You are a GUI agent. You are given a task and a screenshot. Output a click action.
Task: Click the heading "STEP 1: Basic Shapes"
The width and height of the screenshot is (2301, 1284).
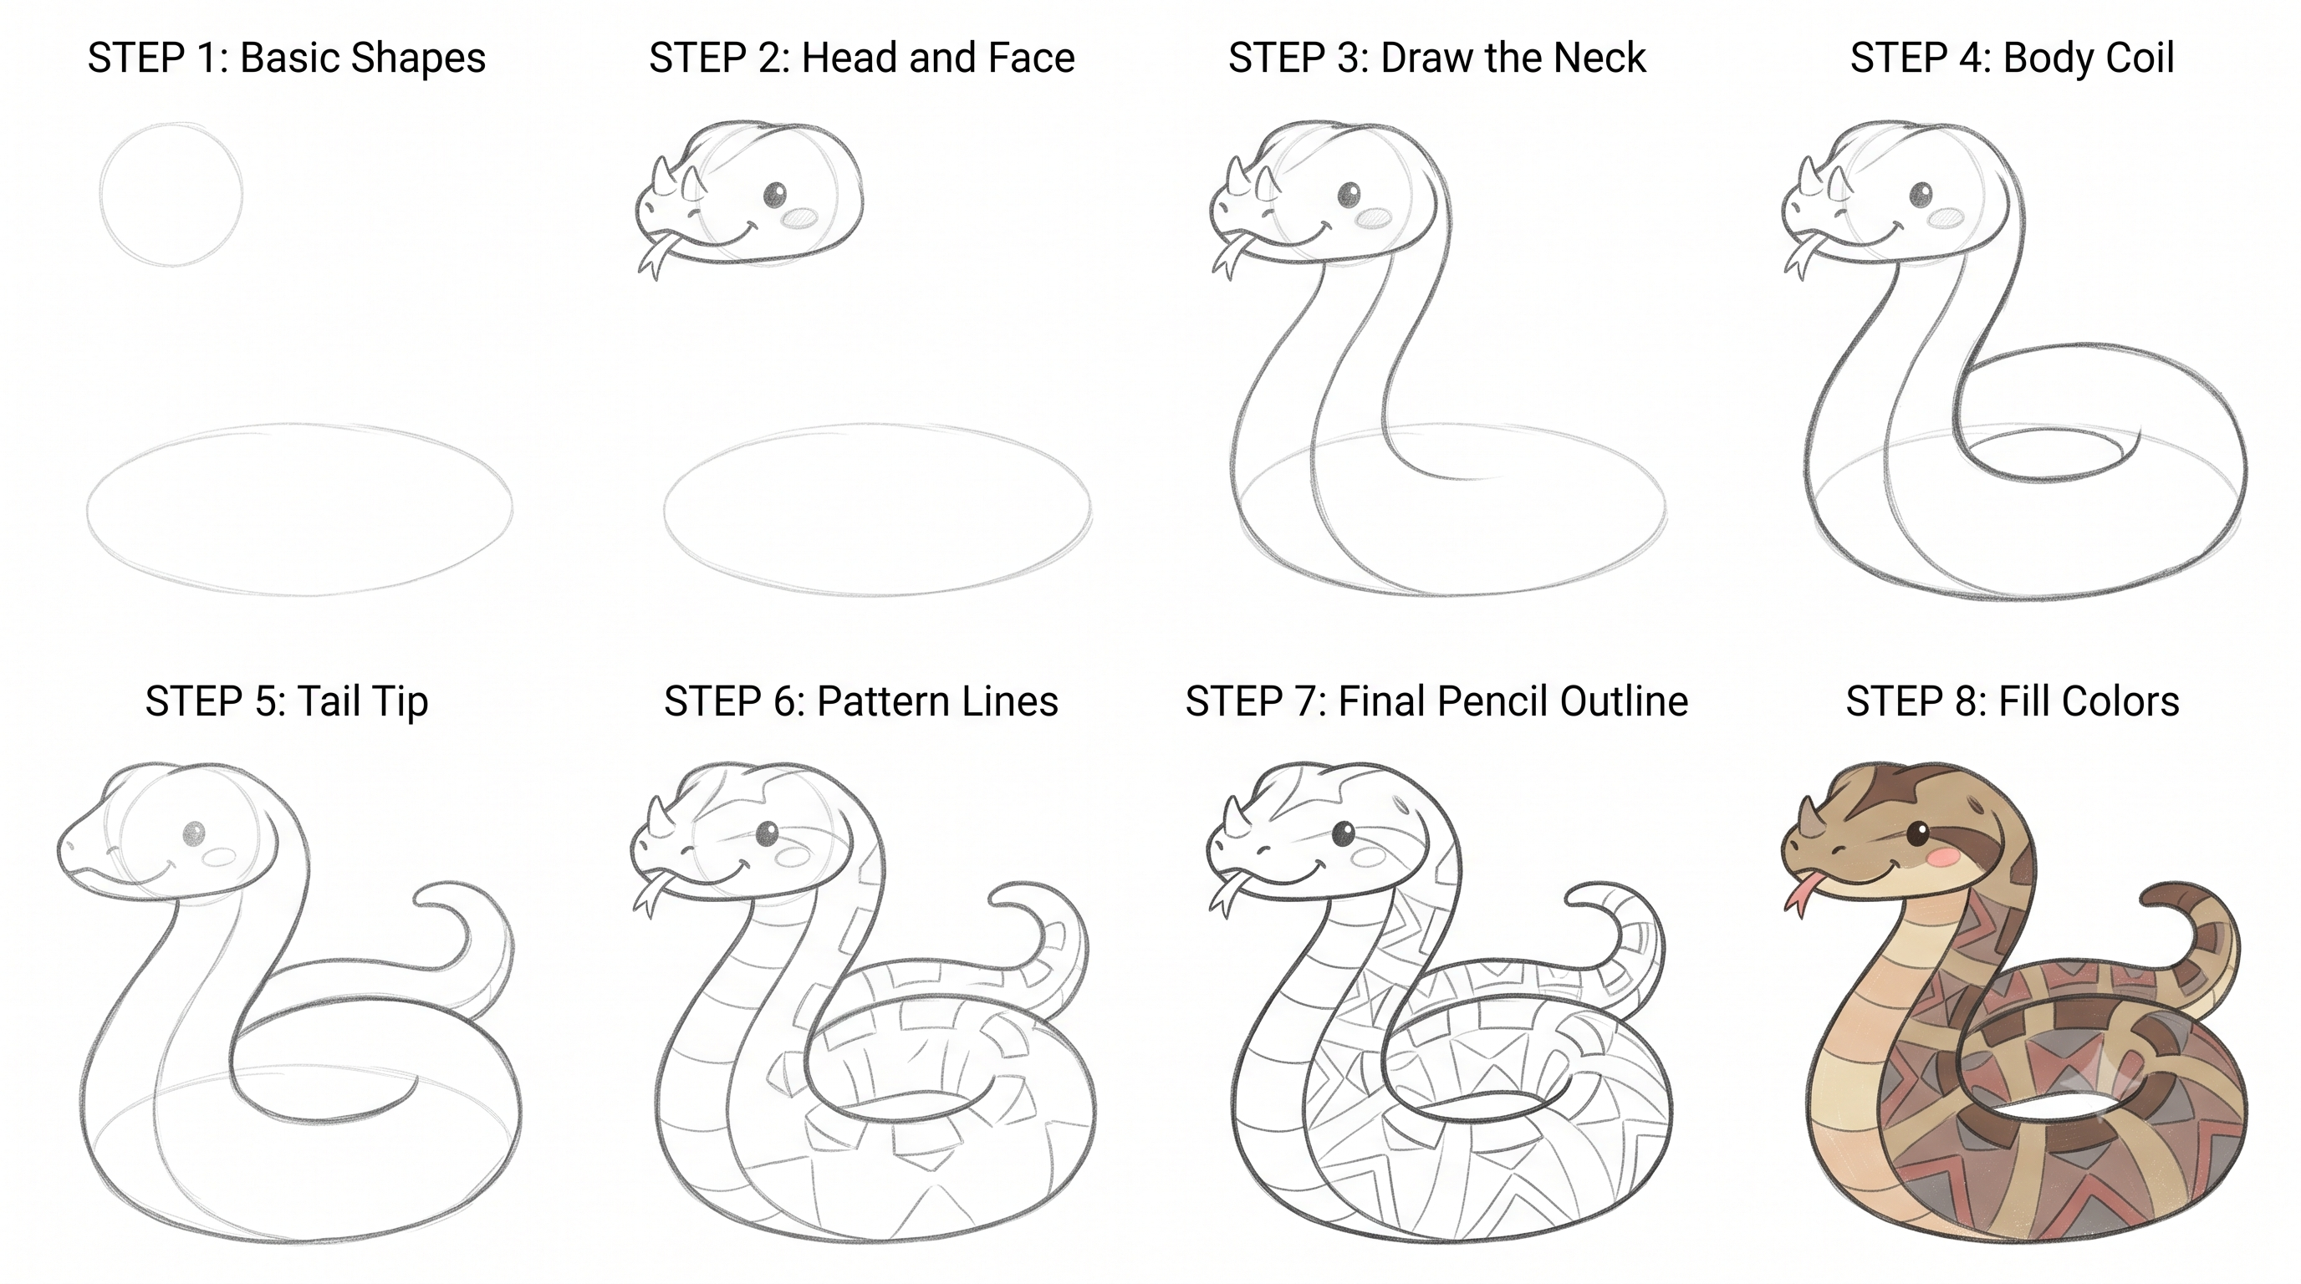(287, 59)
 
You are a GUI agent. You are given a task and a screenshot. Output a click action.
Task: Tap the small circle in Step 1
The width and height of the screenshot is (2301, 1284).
(102, 195)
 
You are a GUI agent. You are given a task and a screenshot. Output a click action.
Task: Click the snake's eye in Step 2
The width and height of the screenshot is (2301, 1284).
(774, 194)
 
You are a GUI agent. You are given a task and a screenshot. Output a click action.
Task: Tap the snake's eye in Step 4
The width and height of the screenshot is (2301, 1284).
(1921, 194)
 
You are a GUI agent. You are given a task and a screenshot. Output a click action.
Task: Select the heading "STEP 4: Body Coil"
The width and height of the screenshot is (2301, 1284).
(2012, 59)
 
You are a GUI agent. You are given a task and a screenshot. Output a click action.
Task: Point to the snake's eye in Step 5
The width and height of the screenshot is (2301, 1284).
(194, 835)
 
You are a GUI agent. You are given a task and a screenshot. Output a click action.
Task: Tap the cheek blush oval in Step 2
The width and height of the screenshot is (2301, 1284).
(799, 217)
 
